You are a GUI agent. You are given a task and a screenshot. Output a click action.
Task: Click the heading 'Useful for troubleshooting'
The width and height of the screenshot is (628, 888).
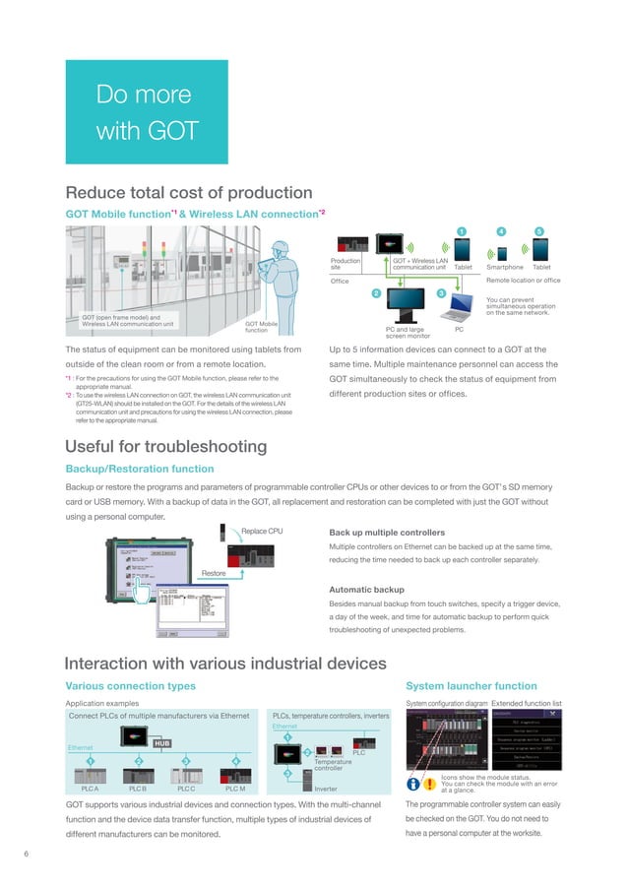click(x=165, y=447)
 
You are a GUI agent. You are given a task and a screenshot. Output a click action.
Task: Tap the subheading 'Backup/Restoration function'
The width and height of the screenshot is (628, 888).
click(x=139, y=469)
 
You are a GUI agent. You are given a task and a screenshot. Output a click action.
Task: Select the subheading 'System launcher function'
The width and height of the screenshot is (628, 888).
click(x=471, y=685)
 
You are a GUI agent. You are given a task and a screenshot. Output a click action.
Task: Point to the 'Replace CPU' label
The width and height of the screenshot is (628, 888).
click(x=263, y=532)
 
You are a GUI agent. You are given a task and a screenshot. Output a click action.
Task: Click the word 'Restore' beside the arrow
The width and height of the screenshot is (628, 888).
click(x=215, y=573)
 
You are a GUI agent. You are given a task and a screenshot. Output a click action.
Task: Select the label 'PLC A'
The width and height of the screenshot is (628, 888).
click(x=90, y=789)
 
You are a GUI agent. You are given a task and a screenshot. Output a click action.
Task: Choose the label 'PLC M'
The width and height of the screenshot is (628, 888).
click(x=235, y=789)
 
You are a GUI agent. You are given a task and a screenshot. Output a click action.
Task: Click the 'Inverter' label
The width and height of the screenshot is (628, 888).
click(x=326, y=790)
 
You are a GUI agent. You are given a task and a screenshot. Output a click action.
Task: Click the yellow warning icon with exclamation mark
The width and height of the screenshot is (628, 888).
click(x=429, y=785)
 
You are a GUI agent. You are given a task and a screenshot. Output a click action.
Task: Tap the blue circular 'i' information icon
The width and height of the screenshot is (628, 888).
click(x=413, y=785)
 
